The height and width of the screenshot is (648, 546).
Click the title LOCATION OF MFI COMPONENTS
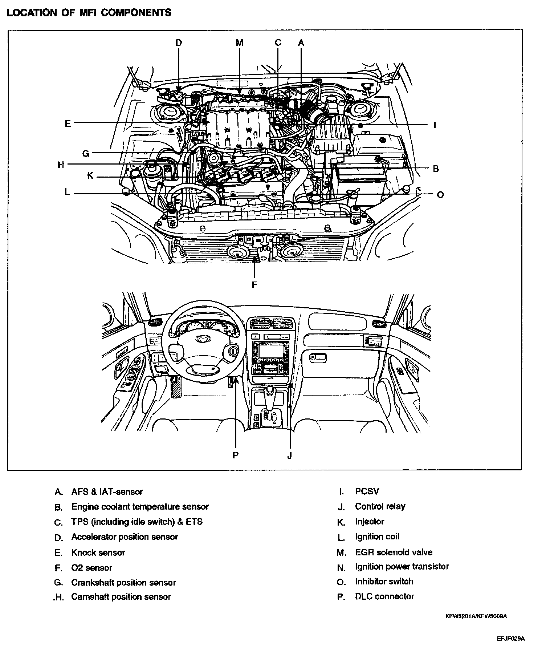89,13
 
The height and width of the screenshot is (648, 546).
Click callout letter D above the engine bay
179,43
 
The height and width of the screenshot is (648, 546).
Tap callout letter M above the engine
239,43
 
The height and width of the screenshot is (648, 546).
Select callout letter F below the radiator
254,285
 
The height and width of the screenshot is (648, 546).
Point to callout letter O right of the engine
440,195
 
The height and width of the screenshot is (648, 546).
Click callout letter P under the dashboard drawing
236,455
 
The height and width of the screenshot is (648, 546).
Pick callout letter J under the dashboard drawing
289,455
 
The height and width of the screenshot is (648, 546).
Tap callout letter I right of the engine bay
435,126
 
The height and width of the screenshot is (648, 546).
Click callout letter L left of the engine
67,192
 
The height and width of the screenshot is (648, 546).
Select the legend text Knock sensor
98,552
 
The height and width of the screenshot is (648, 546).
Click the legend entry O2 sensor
91,567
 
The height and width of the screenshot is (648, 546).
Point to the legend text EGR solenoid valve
394,552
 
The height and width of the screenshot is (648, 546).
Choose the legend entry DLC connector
384,596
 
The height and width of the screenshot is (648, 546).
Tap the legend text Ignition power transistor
402,566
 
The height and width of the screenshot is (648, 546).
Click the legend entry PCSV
367,491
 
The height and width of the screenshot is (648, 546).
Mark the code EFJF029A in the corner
511,639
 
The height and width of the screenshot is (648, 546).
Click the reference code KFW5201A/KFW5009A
476,616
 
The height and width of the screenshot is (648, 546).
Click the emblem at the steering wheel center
201,339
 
